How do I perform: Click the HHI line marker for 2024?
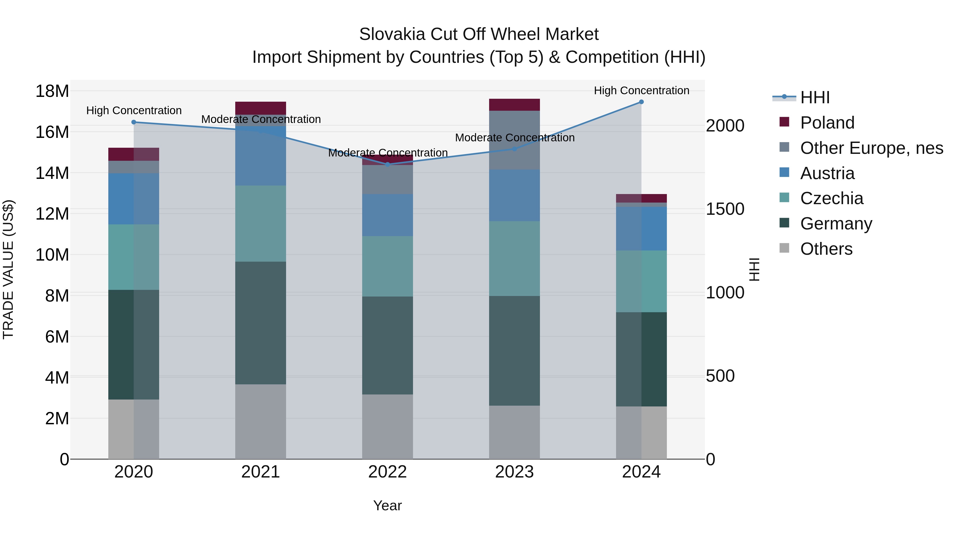pyautogui.click(x=641, y=102)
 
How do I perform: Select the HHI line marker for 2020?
pyautogui.click(x=134, y=122)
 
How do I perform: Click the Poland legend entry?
pyautogui.click(x=827, y=123)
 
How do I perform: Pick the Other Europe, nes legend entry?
pyautogui.click(x=871, y=148)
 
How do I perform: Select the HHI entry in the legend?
pyautogui.click(x=815, y=97)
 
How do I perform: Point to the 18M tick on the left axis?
pyautogui.click(x=52, y=91)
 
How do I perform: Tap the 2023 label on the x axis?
pyautogui.click(x=514, y=472)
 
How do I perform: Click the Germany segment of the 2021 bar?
pyautogui.click(x=261, y=323)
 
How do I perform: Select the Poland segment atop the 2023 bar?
pyautogui.click(x=514, y=105)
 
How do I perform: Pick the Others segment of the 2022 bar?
pyautogui.click(x=387, y=427)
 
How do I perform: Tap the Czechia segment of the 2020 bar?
pyautogui.click(x=134, y=257)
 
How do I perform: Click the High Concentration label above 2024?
pyautogui.click(x=642, y=90)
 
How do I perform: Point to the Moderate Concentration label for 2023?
pyautogui.click(x=515, y=138)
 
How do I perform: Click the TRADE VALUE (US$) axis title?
pyautogui.click(x=8, y=269)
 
